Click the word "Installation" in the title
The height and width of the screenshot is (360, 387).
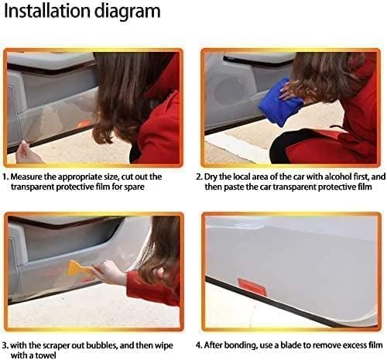click(x=47, y=11)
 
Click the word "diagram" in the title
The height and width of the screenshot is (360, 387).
click(x=127, y=12)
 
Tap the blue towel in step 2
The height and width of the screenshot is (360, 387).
click(x=279, y=102)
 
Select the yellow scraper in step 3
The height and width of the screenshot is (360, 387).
click(x=77, y=268)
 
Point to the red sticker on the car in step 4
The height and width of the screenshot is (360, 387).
click(x=252, y=286)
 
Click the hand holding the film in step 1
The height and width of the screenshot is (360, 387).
click(x=27, y=153)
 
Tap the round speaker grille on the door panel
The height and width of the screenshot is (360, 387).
click(x=228, y=91)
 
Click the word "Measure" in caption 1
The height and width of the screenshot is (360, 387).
click(x=27, y=177)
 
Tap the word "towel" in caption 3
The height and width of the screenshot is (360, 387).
click(x=46, y=355)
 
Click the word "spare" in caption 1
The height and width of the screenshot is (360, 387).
click(x=134, y=187)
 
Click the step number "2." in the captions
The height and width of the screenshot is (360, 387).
click(x=200, y=177)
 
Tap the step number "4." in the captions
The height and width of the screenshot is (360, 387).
click(x=200, y=345)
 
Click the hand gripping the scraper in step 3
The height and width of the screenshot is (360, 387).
click(x=108, y=272)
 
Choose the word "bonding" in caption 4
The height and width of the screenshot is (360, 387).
click(x=241, y=345)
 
